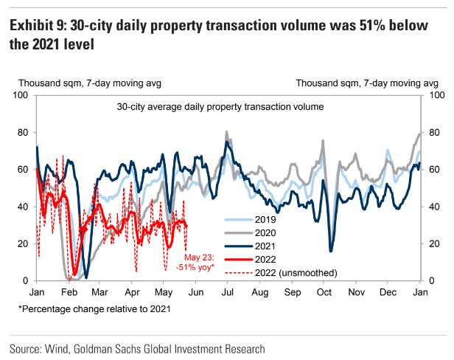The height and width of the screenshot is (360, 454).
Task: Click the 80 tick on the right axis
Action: (433, 133)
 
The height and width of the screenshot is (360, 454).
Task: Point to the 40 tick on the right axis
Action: (433, 207)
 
